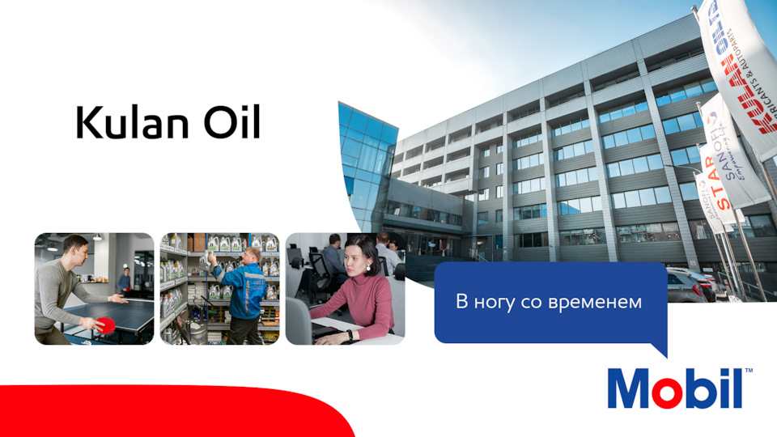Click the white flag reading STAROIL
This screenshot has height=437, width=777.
(733, 162)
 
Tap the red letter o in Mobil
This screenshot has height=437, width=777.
(658, 391)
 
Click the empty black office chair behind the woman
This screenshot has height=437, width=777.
(304, 275)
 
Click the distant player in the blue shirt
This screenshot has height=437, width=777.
(123, 280)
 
